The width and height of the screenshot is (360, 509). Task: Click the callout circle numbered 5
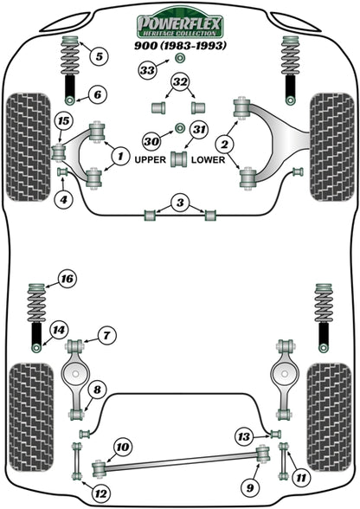coord(99,57)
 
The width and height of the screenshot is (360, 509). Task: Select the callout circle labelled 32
coord(180,83)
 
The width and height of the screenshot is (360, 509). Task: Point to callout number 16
coord(67,278)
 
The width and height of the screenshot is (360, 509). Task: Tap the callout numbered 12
coord(101,494)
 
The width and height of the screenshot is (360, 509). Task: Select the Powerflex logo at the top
coord(179,22)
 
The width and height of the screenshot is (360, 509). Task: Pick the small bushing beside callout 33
coord(179,58)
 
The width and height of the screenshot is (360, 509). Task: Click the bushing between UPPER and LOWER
coord(181,159)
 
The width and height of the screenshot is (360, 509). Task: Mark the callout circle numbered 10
coord(123,447)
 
